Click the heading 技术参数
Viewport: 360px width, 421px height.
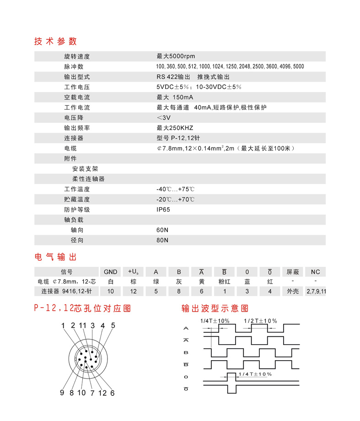click(55, 41)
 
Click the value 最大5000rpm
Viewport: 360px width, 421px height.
click(176, 56)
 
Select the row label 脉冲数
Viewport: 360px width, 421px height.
click(74, 66)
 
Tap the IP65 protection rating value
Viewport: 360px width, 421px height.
click(163, 210)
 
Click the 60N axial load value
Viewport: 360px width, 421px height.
click(162, 230)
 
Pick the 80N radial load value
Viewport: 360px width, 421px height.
click(162, 240)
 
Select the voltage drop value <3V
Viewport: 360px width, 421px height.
click(163, 118)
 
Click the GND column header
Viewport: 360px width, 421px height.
click(111, 271)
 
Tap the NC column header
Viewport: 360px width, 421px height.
click(316, 271)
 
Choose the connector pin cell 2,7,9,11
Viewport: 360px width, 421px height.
click(316, 291)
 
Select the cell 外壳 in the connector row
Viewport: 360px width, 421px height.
click(293, 291)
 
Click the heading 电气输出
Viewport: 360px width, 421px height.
click(55, 256)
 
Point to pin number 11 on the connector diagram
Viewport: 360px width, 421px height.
click(82, 326)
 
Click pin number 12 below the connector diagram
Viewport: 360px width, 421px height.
click(102, 393)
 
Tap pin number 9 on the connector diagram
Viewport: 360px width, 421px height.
click(62, 393)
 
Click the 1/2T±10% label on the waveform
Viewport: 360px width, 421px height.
click(261, 321)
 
